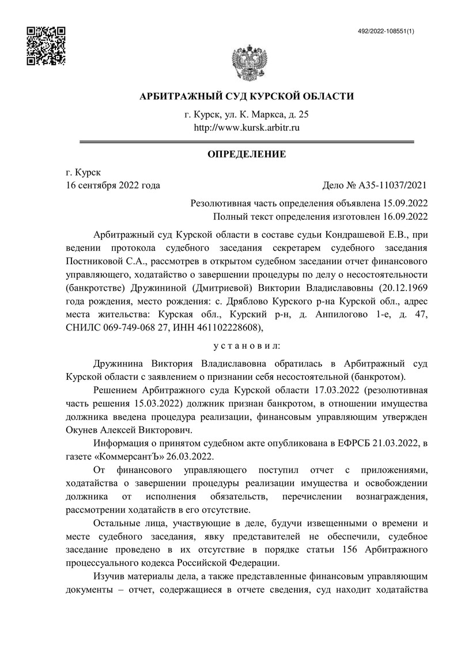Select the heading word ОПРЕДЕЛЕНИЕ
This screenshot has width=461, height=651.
(247, 154)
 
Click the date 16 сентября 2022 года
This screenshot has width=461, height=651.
(113, 185)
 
